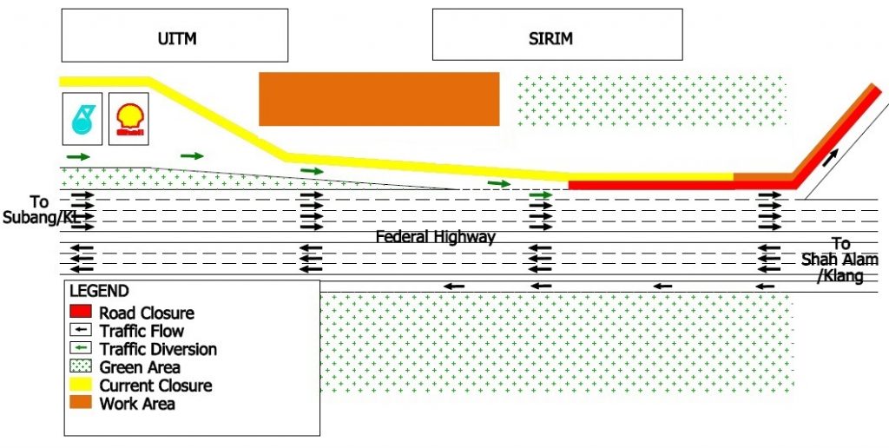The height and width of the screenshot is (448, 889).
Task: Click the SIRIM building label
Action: [x=551, y=38]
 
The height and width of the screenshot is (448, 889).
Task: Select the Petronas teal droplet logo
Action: [x=82, y=119]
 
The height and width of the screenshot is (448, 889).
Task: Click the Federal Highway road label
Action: [x=435, y=237]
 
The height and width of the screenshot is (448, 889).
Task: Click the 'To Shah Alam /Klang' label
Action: [x=833, y=260]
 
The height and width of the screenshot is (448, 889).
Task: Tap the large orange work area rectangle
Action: [x=379, y=99]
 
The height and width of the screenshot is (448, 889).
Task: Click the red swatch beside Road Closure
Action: [x=81, y=312]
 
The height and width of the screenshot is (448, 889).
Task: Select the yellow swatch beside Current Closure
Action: [x=81, y=385]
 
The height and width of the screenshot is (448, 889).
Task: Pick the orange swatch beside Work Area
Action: [x=81, y=403]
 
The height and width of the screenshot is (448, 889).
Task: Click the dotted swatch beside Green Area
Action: [x=81, y=366]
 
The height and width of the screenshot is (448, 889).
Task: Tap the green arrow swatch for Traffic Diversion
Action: [x=81, y=348]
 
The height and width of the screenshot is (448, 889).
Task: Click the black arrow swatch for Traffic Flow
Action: [x=81, y=330]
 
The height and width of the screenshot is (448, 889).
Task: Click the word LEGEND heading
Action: [x=99, y=292]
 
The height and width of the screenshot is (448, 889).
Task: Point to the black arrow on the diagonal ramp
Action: [x=831, y=157]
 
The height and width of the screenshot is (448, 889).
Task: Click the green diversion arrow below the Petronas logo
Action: [x=78, y=156]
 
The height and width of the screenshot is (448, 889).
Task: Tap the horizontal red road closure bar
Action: [x=651, y=185]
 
